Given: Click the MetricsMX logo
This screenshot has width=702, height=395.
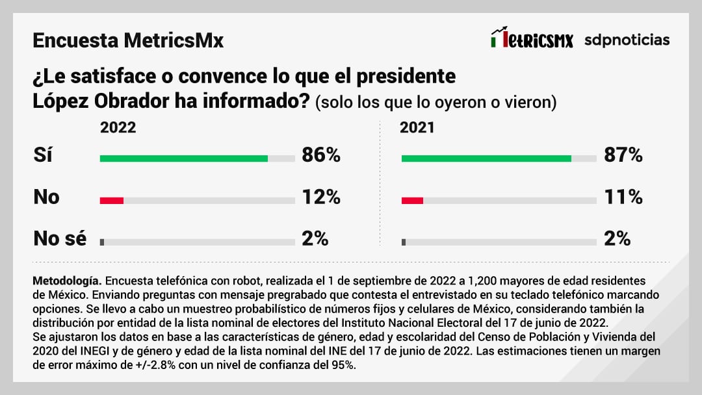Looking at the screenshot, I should click(532, 40).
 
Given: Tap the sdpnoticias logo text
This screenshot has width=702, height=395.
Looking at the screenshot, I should click(627, 40).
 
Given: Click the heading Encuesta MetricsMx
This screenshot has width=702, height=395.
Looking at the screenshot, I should click(128, 41).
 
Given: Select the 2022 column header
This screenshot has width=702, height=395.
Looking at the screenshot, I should click(118, 127).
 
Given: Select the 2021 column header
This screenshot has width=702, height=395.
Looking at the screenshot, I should click(417, 127).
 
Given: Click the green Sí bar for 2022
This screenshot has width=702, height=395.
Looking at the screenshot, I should click(184, 158).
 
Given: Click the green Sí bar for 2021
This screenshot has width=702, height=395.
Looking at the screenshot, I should click(486, 158).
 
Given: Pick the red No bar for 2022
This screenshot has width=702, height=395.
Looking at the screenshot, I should click(112, 201).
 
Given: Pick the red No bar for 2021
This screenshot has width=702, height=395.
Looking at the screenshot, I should click(413, 201).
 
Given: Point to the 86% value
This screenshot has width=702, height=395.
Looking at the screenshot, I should click(321, 156).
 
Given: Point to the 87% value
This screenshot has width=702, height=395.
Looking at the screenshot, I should click(623, 156).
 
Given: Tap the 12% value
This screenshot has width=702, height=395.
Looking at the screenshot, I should click(321, 197).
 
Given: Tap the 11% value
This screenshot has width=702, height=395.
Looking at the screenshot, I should click(623, 197).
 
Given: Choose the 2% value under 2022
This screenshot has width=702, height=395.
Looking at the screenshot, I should click(315, 238).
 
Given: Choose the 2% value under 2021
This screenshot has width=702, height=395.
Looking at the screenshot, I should click(617, 238).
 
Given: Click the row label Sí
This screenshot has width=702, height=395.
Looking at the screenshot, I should click(43, 156).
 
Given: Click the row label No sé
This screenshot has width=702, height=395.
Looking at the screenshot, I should click(60, 238).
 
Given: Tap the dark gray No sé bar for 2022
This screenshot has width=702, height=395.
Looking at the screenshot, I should click(102, 242).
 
